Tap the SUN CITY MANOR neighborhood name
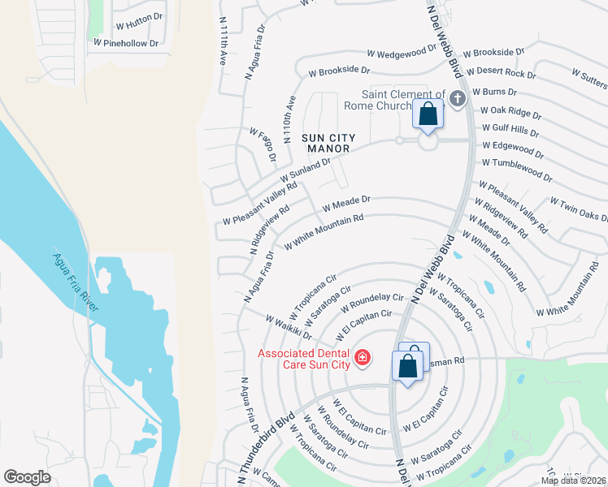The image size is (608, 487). point(326,144)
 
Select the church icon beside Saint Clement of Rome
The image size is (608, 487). point(457,99)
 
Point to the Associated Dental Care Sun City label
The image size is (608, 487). point(304,358)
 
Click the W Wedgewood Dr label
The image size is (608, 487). point(397,54)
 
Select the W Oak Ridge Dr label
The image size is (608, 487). point(510,111)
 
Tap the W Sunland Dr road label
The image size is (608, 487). point(306,170)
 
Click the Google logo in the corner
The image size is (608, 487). point(28,477)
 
